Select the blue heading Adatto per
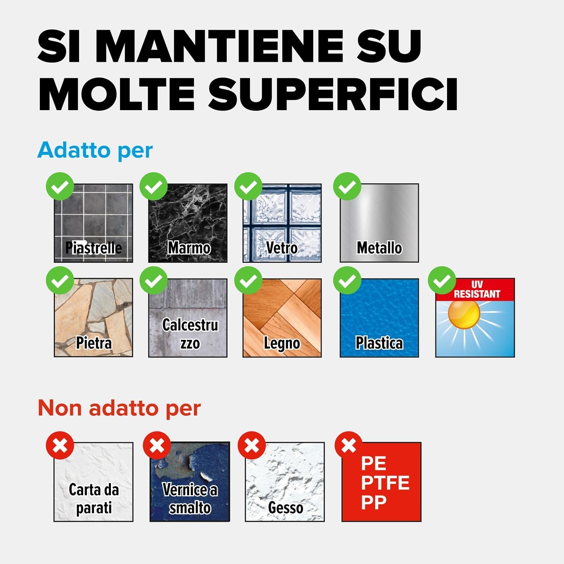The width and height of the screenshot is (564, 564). pyautogui.click(x=95, y=150)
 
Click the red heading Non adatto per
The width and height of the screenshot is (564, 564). pyautogui.click(x=119, y=408)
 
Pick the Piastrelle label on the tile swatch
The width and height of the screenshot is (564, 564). pyautogui.click(x=93, y=248)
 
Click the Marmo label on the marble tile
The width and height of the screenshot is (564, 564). pyautogui.click(x=189, y=248)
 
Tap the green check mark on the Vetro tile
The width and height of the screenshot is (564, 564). pyautogui.click(x=248, y=186)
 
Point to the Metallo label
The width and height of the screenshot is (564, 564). pyautogui.click(x=379, y=248)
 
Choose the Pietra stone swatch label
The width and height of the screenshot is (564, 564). pyautogui.click(x=94, y=343)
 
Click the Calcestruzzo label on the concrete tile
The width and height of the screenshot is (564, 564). pyautogui.click(x=190, y=334)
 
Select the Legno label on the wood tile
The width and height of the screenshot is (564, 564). pyautogui.click(x=282, y=343)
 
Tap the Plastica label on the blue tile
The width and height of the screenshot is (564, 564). pyautogui.click(x=379, y=343)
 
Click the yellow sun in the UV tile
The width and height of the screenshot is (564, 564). pyautogui.click(x=463, y=313)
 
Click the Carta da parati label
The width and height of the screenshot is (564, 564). pyautogui.click(x=94, y=499)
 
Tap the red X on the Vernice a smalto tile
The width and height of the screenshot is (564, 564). pyautogui.click(x=157, y=445)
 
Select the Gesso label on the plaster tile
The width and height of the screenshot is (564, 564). pyautogui.click(x=285, y=508)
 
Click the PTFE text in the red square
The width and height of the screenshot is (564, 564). pyautogui.click(x=385, y=483)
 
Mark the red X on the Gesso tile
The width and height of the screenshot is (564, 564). pyautogui.click(x=251, y=445)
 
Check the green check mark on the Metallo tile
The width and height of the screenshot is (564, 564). pyautogui.click(x=347, y=186)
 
